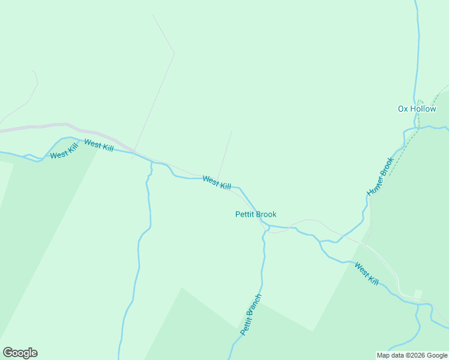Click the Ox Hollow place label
417,109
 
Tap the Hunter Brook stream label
380,176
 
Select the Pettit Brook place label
256,214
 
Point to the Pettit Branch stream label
251,314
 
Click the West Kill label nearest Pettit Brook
217,182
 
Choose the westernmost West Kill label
64,152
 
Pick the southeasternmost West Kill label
366,274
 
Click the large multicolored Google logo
20,353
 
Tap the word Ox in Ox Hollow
403,109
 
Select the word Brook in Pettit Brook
266,214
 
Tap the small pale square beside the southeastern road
418,294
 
